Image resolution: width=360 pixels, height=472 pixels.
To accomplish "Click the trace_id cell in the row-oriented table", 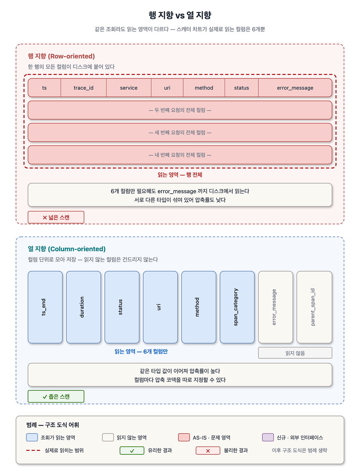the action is pyautogui.click(x=83, y=88).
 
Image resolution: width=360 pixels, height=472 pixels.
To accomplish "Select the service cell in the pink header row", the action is pyautogui.click(x=129, y=88).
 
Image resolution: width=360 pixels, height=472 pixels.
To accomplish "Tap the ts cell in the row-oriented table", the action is pyautogui.click(x=44, y=88).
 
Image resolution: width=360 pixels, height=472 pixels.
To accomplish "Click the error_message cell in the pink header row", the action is pyautogui.click(x=295, y=88).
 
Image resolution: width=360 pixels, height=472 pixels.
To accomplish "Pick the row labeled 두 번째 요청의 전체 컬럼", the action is pyautogui.click(x=180, y=110).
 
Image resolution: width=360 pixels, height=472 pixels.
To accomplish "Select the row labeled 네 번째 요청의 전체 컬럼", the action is pyautogui.click(x=180, y=155).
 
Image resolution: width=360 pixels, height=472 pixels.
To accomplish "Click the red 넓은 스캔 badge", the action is pyautogui.click(x=56, y=217).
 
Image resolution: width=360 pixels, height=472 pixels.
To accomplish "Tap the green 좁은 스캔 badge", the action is pyautogui.click(x=56, y=396).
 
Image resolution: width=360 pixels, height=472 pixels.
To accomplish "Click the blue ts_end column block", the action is pyautogui.click(x=45, y=307).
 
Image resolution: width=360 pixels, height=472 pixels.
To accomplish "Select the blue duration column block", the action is pyautogui.click(x=83, y=307).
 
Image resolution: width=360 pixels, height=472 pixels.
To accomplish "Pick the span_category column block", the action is pyautogui.click(x=237, y=307).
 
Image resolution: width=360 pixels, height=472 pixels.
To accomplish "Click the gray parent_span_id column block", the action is pyautogui.click(x=314, y=307).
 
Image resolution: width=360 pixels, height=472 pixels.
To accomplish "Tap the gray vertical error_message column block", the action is pyautogui.click(x=276, y=307).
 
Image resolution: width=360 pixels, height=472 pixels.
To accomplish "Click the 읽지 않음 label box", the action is pyautogui.click(x=295, y=353).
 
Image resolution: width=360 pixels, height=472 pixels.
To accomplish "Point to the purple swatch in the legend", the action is pyautogui.click(x=268, y=437).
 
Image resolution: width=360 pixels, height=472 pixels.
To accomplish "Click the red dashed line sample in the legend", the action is pyautogui.click(x=33, y=450).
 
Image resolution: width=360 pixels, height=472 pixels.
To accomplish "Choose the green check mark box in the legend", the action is pyautogui.click(x=132, y=451).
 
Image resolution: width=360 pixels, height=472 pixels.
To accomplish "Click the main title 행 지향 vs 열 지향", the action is pyautogui.click(x=180, y=15).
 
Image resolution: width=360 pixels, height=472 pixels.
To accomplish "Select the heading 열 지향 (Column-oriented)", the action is pyautogui.click(x=67, y=249).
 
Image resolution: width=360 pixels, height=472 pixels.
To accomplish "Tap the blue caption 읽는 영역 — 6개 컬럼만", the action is pyautogui.click(x=141, y=351).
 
